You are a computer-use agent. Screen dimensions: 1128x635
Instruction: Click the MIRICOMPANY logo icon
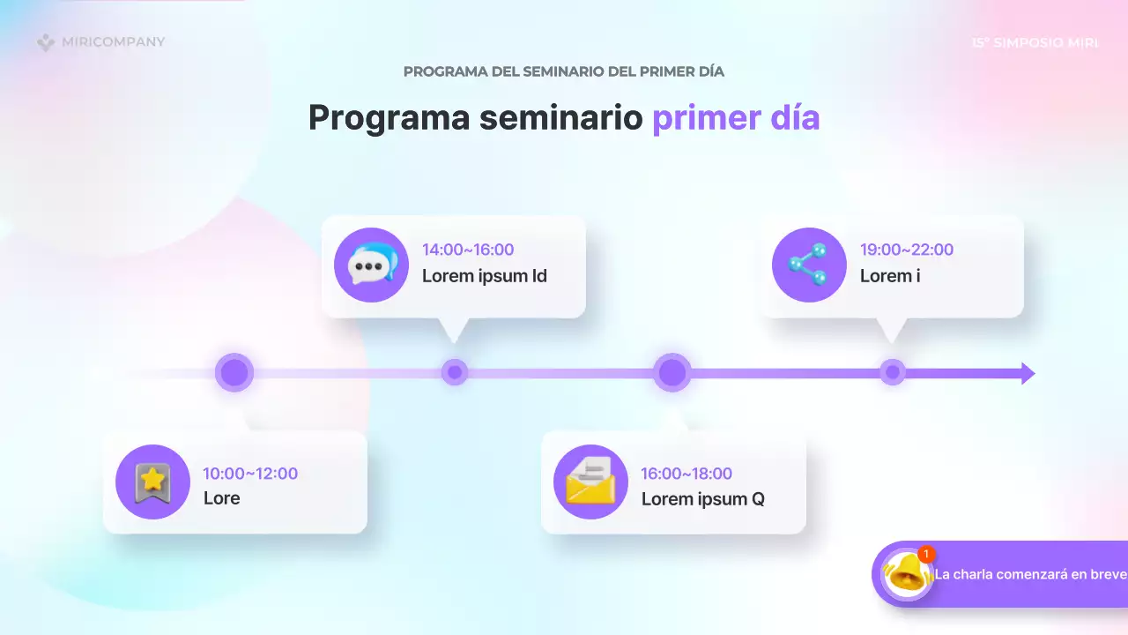click(x=46, y=42)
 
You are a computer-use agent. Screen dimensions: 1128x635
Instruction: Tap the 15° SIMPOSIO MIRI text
click(x=1035, y=43)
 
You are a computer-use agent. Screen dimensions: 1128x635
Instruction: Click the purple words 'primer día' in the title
click(x=736, y=117)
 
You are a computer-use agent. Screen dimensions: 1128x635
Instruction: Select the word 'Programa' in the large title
click(x=389, y=118)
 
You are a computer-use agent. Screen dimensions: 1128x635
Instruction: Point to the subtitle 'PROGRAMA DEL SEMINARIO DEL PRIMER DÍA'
click(x=563, y=71)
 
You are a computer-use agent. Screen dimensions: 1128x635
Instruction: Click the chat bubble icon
click(x=372, y=265)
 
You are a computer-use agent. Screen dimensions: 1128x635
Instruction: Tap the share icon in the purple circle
click(x=809, y=265)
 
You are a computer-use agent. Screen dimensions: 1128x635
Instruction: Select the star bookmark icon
click(x=152, y=482)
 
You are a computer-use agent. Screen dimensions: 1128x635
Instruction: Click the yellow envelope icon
click(x=590, y=482)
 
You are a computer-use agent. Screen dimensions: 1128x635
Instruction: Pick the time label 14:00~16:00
click(x=468, y=250)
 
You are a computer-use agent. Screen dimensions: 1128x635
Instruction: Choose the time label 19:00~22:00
click(x=907, y=250)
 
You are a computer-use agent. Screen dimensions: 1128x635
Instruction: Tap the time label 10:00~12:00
click(x=250, y=474)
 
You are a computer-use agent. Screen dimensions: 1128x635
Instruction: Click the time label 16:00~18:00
click(x=686, y=474)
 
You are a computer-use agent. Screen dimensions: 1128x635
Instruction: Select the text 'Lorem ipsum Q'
click(x=703, y=499)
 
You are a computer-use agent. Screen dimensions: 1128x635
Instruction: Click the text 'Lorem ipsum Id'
click(x=485, y=276)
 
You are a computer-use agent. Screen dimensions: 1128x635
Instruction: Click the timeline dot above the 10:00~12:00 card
click(x=234, y=373)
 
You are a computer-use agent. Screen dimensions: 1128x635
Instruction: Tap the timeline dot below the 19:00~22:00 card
click(x=893, y=372)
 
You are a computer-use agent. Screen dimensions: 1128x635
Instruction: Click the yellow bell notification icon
click(x=906, y=575)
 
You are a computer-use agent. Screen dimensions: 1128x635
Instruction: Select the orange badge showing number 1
click(x=926, y=554)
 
